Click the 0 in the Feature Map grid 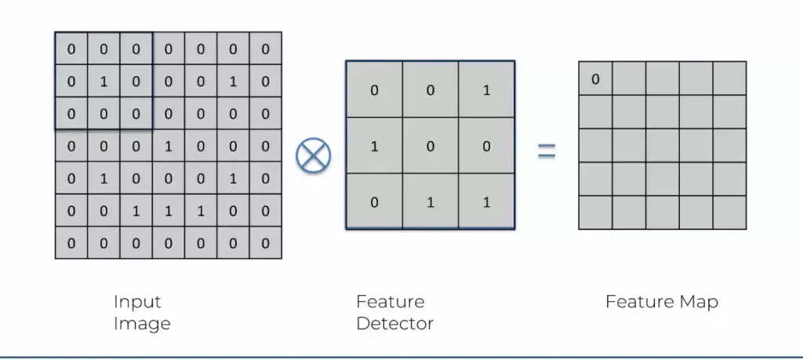(595, 79)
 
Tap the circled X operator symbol (313, 153)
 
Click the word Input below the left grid (137, 302)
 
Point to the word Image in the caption (142, 323)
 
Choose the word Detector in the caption (394, 323)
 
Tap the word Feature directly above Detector (391, 302)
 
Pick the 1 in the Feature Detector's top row (487, 90)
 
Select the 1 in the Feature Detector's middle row (374, 147)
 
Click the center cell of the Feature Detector (431, 147)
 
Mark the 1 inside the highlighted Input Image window (104, 81)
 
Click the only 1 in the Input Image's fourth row (169, 146)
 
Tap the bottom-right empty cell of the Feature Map (729, 213)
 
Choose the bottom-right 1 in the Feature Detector (487, 202)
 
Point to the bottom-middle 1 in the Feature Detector (431, 202)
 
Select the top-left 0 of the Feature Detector (374, 90)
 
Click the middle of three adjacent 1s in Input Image (169, 211)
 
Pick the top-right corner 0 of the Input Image (265, 49)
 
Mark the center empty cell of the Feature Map (663, 146)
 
